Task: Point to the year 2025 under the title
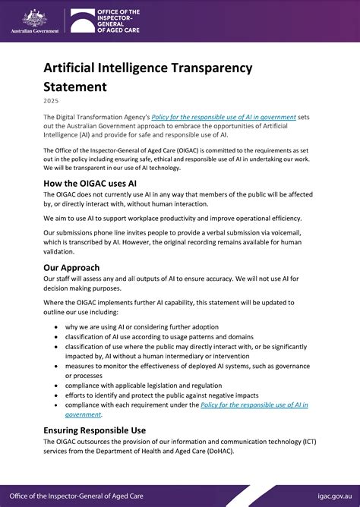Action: [51, 100]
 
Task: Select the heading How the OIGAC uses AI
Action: [90, 183]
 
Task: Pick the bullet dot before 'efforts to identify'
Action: [58, 395]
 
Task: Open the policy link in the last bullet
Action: [254, 405]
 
